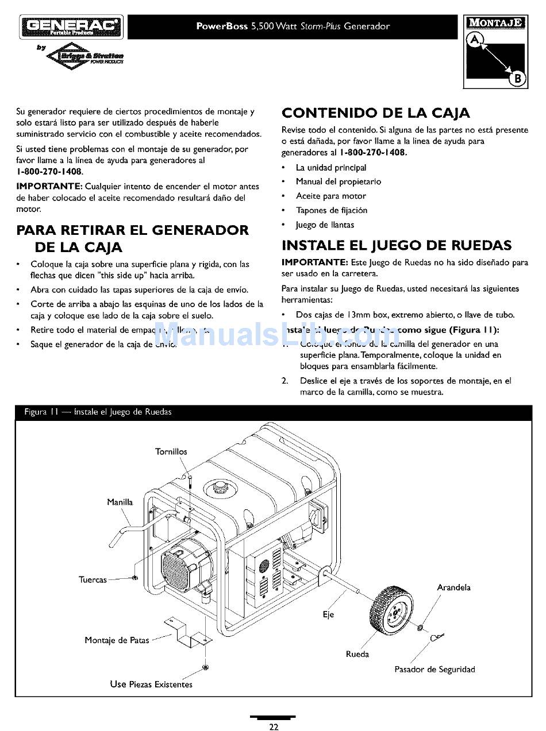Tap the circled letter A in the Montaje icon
pyautogui.click(x=475, y=40)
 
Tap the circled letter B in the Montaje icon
pyautogui.click(x=517, y=79)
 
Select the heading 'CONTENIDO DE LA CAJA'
pyautogui.click(x=375, y=113)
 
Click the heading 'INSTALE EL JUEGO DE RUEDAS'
pyautogui.click(x=396, y=246)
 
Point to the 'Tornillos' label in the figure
pyautogui.click(x=171, y=451)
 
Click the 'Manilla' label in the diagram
pyautogui.click(x=120, y=502)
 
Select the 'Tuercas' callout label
pyautogui.click(x=93, y=579)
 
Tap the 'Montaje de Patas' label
pyautogui.click(x=117, y=640)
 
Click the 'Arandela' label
pyautogui.click(x=453, y=587)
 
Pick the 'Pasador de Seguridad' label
pyautogui.click(x=435, y=670)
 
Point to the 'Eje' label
pyautogui.click(x=328, y=614)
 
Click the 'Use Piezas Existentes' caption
pyautogui.click(x=151, y=684)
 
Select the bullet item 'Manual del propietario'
pyautogui.click(x=338, y=181)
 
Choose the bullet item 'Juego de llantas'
pyautogui.click(x=325, y=225)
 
